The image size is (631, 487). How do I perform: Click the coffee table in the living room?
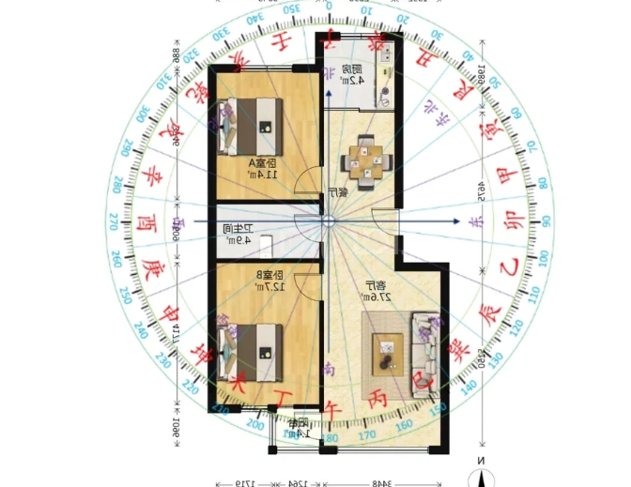pyautogui.click(x=387, y=352)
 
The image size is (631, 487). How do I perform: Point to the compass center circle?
pyautogui.click(x=328, y=221)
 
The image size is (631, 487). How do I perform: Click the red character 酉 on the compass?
pyautogui.click(x=147, y=223)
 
